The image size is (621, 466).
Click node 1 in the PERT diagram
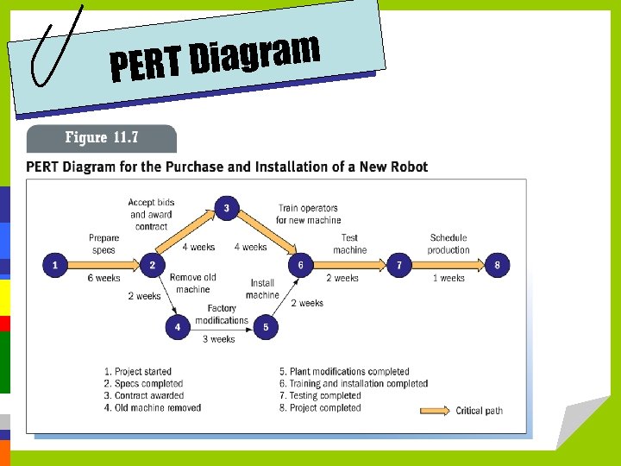click(x=54, y=265)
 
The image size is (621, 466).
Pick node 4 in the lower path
click(x=178, y=327)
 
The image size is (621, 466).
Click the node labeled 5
click(x=266, y=327)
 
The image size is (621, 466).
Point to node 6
click(x=300, y=265)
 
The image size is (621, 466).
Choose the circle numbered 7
click(x=398, y=265)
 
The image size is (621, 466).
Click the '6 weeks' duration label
click(x=103, y=279)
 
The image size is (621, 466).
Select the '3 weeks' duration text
click(x=219, y=339)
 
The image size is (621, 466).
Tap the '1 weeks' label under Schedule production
click(x=448, y=279)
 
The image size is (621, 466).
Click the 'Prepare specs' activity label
click(x=103, y=243)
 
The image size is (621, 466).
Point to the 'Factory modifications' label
click(x=222, y=315)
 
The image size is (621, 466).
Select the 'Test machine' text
click(x=349, y=243)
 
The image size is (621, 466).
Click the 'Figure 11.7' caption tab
click(x=102, y=138)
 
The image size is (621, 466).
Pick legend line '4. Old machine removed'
click(x=158, y=408)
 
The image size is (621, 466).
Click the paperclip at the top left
click(x=55, y=45)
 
